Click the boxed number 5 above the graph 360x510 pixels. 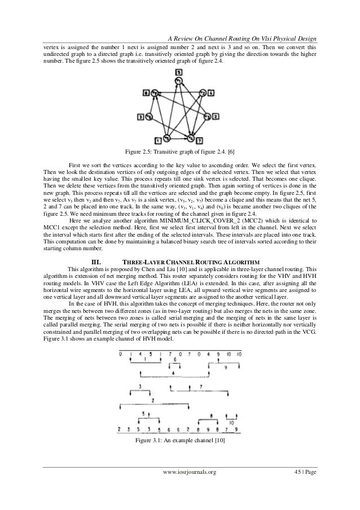coord(178,73)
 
